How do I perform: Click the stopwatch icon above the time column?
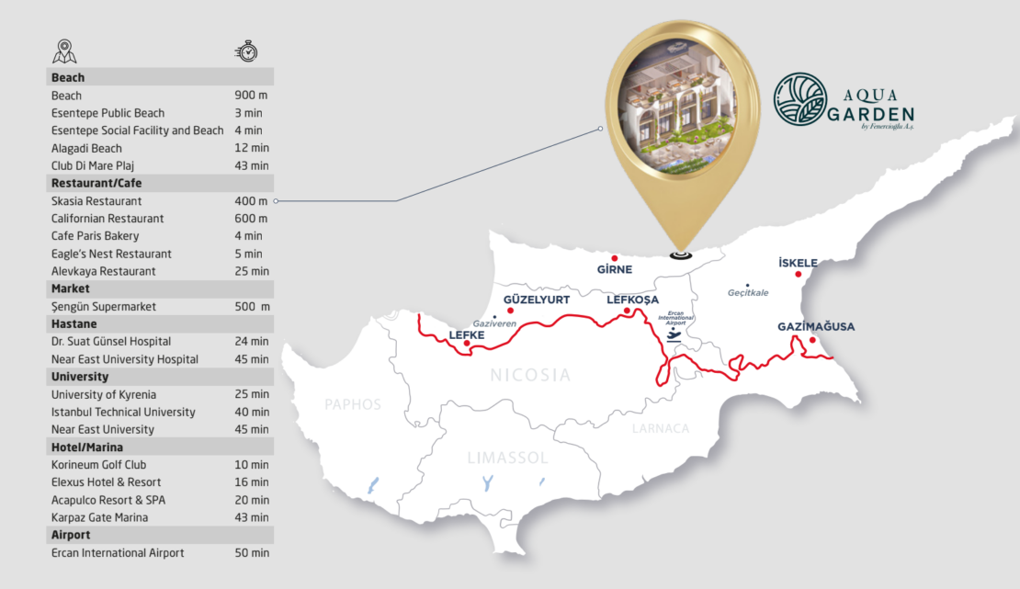coord(245,51)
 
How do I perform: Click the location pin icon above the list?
coord(64,51)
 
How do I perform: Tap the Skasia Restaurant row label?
coord(96,201)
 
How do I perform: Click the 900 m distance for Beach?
coord(249,96)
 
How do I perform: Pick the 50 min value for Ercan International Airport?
coord(252,553)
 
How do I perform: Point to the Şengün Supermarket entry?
coord(104,307)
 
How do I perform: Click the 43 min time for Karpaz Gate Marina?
coord(252,518)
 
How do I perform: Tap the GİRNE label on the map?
coord(615,269)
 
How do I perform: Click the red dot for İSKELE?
coord(799,274)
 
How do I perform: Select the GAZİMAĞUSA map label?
coord(816,327)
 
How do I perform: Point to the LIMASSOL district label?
coord(507,458)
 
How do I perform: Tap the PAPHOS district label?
coord(353,404)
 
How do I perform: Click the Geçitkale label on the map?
coord(748,293)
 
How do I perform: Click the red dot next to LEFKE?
coord(468,345)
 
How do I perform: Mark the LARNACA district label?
coord(660,428)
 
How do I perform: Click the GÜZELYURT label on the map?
coord(538,300)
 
